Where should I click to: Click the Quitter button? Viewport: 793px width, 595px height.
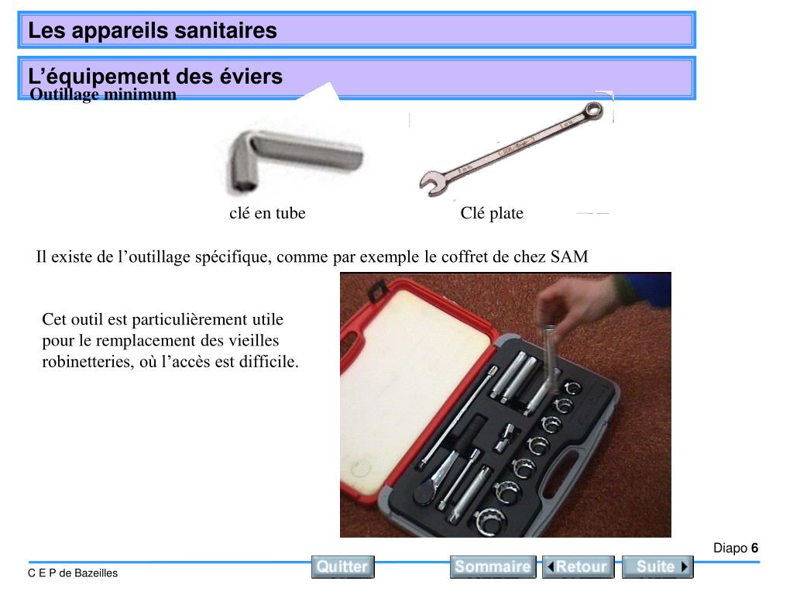(x=342, y=566)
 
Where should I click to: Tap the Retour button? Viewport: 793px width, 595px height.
(x=578, y=566)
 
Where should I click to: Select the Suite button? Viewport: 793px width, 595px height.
(x=657, y=566)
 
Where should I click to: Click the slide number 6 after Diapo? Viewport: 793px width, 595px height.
(x=754, y=548)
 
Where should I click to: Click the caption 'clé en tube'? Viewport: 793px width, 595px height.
(x=267, y=213)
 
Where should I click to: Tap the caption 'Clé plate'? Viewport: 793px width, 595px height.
(x=492, y=213)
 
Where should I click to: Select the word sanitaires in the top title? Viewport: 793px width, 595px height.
(x=225, y=30)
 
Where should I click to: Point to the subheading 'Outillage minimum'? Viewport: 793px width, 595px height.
(x=103, y=94)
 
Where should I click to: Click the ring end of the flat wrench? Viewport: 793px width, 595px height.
(x=592, y=111)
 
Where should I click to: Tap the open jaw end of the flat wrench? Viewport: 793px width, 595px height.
(x=433, y=183)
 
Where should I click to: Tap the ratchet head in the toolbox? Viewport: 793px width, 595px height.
(x=424, y=492)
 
